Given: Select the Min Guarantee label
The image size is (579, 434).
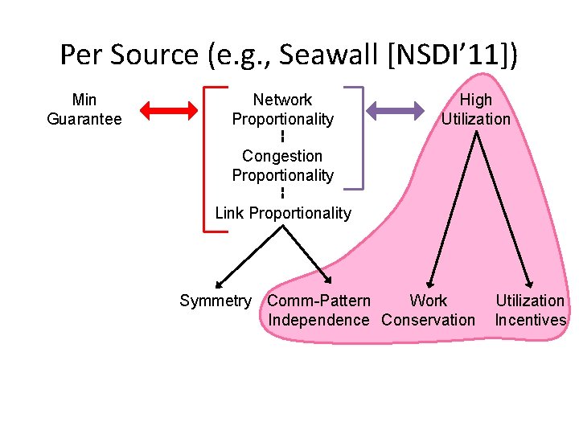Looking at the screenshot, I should coord(84,109).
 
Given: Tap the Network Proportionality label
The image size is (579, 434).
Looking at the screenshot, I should coord(282,109).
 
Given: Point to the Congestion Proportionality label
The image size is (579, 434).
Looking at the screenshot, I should coord(282,166).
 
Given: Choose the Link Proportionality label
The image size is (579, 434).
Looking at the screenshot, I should coord(282,213).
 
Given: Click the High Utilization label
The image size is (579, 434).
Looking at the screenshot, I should coord(475,109).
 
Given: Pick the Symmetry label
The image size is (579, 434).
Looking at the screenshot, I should coord(215,301).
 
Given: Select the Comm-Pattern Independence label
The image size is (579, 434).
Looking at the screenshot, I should coord(318,310).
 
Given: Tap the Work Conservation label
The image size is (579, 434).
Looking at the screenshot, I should coord(429,310).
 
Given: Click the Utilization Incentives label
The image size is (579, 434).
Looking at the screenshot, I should coord(530,310).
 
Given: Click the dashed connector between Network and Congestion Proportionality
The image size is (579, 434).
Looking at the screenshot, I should coord(282,137).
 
